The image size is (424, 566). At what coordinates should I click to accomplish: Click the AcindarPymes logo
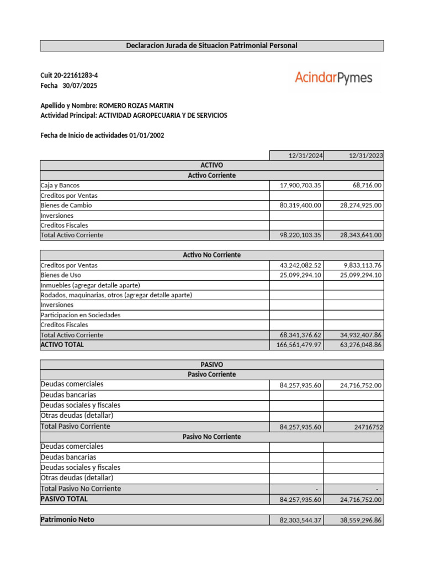(x=333, y=78)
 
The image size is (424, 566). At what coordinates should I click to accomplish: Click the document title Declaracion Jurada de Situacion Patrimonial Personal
(x=211, y=45)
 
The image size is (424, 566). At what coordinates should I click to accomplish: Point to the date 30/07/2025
(x=79, y=86)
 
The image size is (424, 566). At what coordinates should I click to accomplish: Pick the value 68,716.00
(x=367, y=186)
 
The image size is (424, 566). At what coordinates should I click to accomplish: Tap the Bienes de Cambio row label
(x=66, y=206)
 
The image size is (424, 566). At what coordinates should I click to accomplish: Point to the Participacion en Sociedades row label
(x=81, y=315)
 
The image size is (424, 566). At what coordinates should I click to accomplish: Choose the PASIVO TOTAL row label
(x=64, y=499)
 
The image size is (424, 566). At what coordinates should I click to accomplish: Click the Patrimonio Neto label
(x=67, y=520)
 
